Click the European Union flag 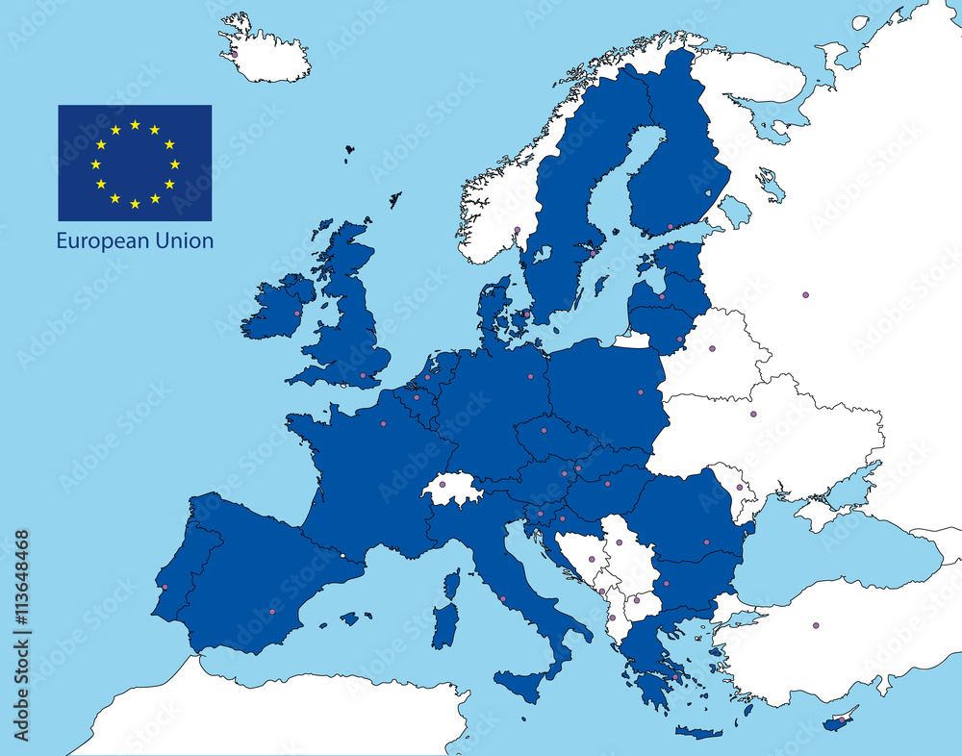click(135, 163)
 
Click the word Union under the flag click(183, 240)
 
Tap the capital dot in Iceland click(234, 54)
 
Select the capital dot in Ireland click(296, 314)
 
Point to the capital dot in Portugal click(165, 587)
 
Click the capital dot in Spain click(271, 612)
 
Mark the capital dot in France click(383, 423)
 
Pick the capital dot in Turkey click(816, 625)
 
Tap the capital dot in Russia click(805, 294)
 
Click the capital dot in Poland click(641, 391)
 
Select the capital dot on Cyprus click(843, 718)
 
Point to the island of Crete click(699, 733)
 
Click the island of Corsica click(451, 584)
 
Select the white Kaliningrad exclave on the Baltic click(632, 340)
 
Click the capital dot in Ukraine click(753, 414)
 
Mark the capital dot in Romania click(707, 542)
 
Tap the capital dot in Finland click(671, 227)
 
